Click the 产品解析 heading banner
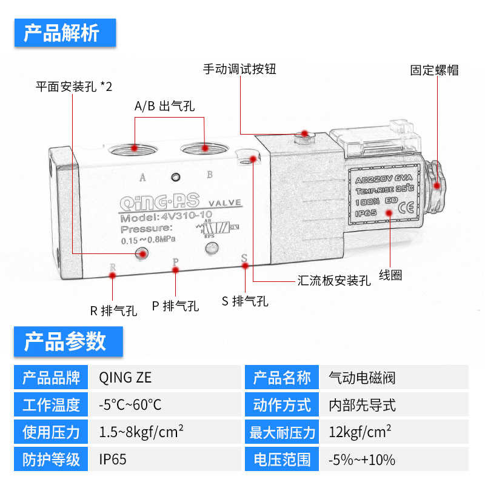64,33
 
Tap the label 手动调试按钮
239,69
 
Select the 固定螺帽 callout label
434,70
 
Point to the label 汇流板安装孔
333,281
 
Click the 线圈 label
390,275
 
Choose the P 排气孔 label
175,306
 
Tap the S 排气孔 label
245,301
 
